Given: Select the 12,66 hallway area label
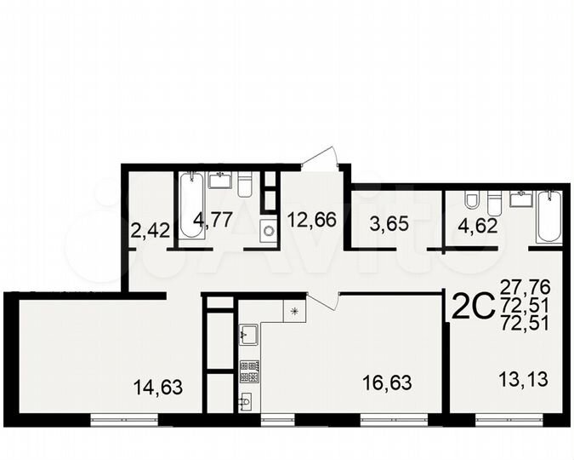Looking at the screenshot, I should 310,220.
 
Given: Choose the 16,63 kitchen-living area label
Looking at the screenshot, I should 387,383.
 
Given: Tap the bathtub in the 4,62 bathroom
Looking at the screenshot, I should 549,216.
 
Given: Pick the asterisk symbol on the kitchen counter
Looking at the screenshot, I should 294,311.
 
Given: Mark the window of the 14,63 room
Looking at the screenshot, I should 125,417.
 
